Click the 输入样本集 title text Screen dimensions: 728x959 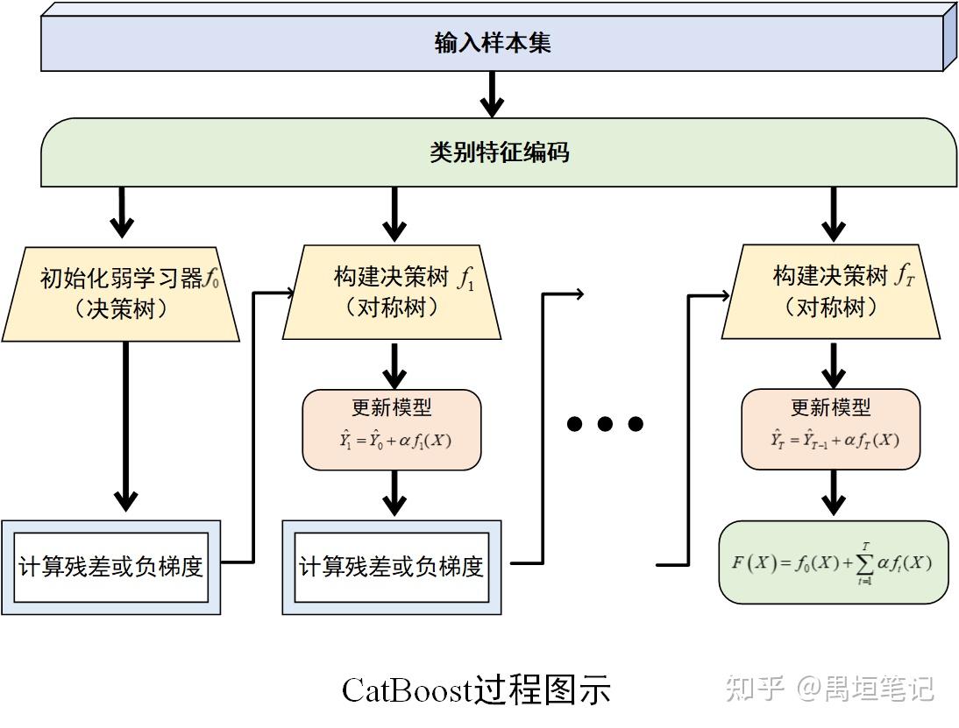pyautogui.click(x=493, y=43)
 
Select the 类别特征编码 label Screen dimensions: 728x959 pyautogui.click(x=499, y=152)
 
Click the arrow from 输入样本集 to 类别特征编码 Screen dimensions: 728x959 pyautogui.click(x=493, y=94)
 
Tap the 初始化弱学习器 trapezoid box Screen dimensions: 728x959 pyautogui.click(x=121, y=293)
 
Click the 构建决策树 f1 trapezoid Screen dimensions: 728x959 pyautogui.click(x=392, y=293)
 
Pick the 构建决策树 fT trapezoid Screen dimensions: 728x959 pyautogui.click(x=831, y=293)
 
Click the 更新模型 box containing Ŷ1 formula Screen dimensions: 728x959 pyautogui.click(x=392, y=429)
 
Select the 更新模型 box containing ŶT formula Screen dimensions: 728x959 pyautogui.click(x=831, y=429)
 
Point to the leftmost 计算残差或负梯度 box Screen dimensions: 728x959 pyautogui.click(x=111, y=567)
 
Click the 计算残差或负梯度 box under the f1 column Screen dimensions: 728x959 pyautogui.click(x=392, y=567)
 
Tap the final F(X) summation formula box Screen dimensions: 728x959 pyautogui.click(x=833, y=562)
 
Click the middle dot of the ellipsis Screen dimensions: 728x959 pyautogui.click(x=605, y=425)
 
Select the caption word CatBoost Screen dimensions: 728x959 pyautogui.click(x=407, y=690)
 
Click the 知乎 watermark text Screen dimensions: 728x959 pyautogui.click(x=752, y=689)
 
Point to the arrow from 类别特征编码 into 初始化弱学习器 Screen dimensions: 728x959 pyautogui.click(x=123, y=213)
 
